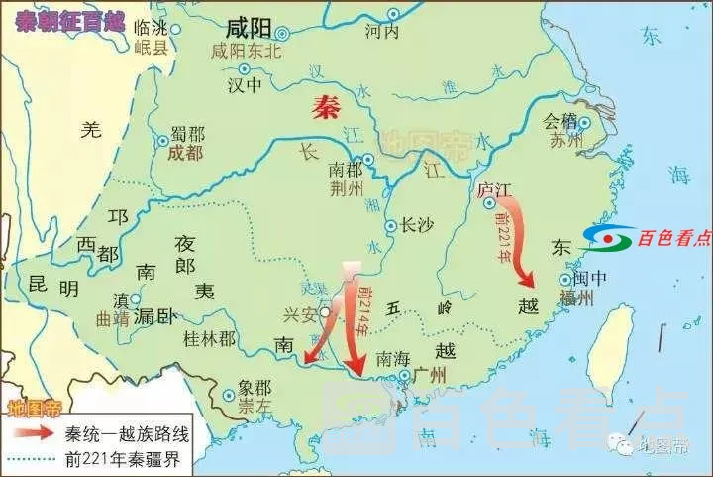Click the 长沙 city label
click(x=417, y=225)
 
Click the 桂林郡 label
click(x=210, y=339)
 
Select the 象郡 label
click(x=255, y=387)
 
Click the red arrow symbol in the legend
click(x=31, y=433)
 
